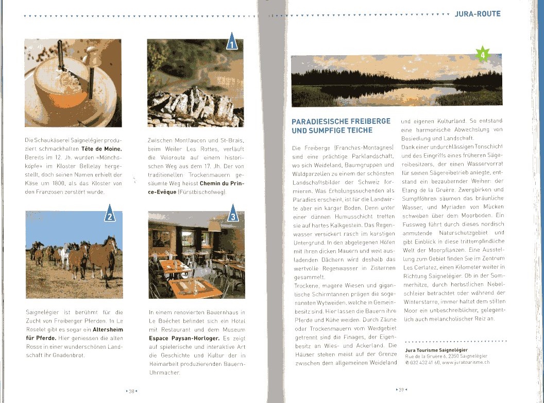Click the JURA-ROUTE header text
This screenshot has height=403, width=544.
(478, 14)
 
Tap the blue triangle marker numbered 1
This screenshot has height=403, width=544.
(232, 42)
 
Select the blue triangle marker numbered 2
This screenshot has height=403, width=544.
(110, 214)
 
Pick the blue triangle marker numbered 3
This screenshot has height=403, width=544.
(232, 215)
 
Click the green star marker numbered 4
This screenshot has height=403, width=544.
(483, 54)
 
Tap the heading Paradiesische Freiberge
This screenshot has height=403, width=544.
(341, 121)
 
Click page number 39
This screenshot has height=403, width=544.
(402, 390)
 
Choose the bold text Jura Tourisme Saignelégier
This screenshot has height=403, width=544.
(436, 350)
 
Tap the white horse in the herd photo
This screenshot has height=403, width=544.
(63, 256)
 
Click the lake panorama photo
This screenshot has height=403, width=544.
(397, 80)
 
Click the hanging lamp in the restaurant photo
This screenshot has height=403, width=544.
(215, 226)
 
